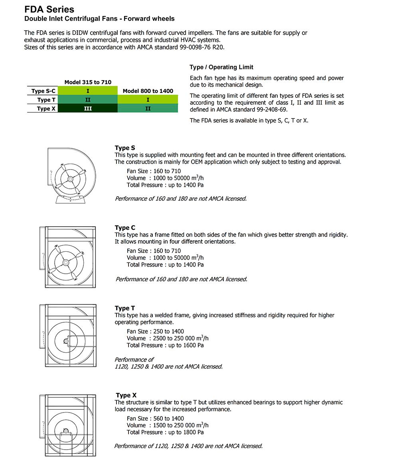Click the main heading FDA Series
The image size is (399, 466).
[49, 10]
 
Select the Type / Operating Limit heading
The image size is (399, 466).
[221, 67]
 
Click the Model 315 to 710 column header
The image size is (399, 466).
[88, 82]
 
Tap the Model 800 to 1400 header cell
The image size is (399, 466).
[148, 91]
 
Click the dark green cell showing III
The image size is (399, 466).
[88, 109]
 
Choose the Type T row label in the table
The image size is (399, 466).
[43, 100]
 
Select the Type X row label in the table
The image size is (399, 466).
[43, 109]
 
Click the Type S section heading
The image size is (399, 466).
[125, 148]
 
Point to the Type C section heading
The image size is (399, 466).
[125, 228]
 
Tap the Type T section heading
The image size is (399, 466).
[125, 308]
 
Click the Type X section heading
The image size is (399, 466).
[126, 395]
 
